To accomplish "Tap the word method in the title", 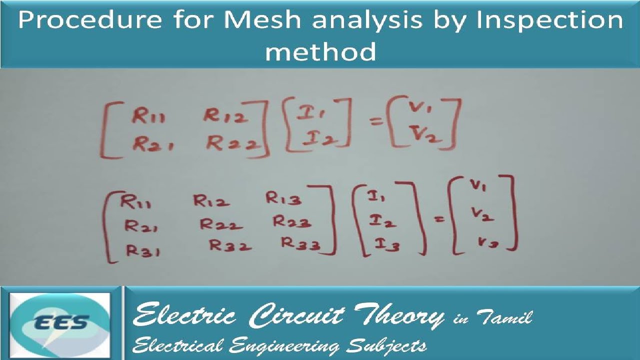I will click(x=320, y=51).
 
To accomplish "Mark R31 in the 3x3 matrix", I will click(x=143, y=250).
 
